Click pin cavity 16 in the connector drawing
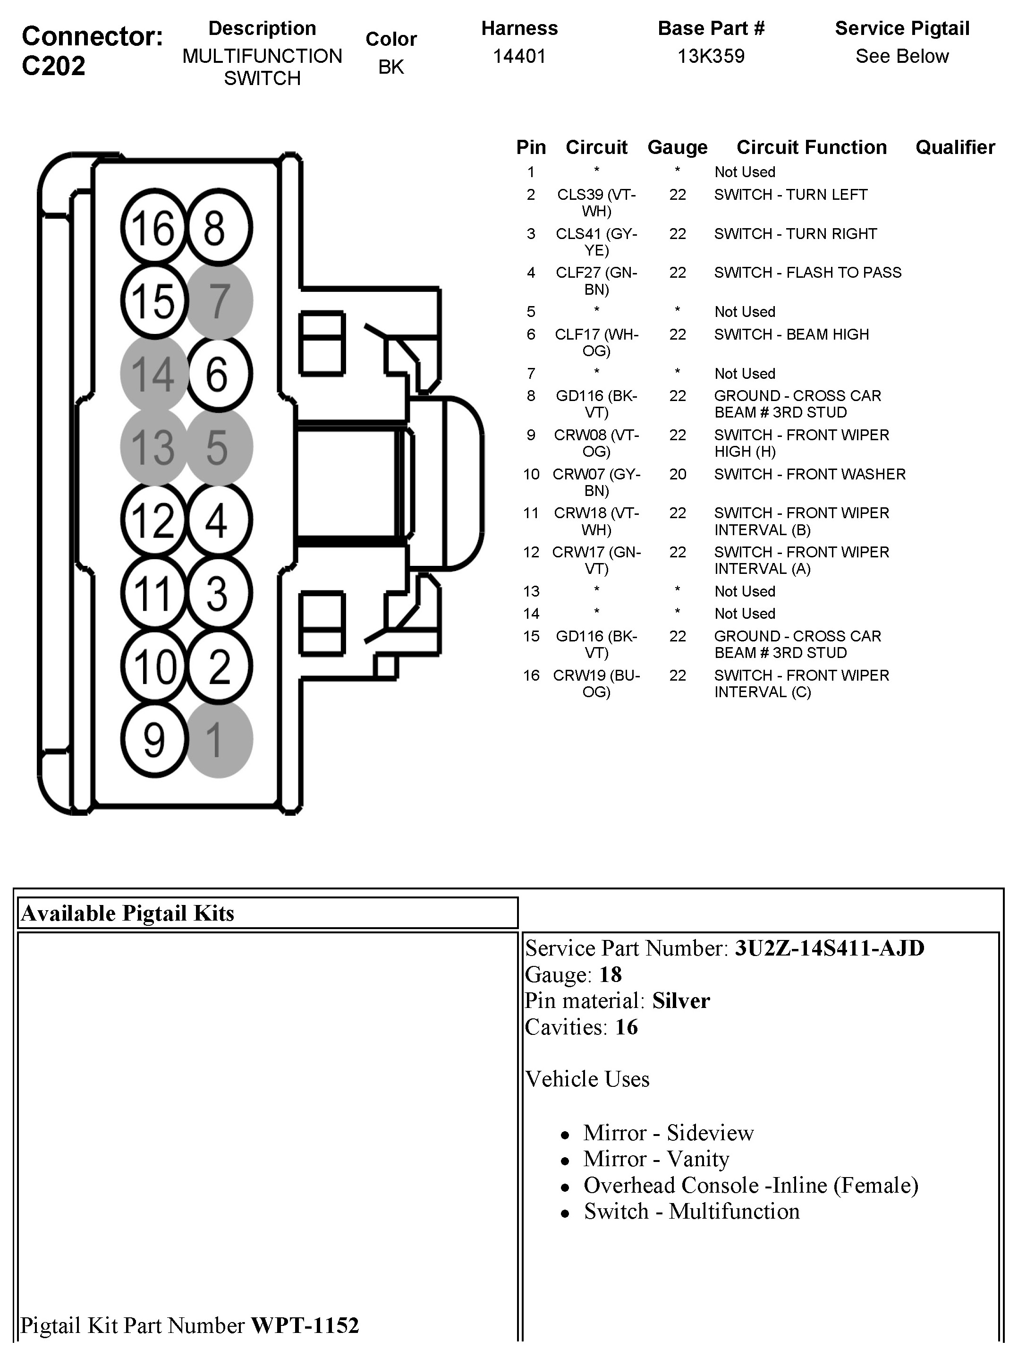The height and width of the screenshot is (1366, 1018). [x=153, y=228]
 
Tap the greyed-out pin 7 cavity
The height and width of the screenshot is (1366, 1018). [x=219, y=301]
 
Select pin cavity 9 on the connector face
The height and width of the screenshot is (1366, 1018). [x=153, y=739]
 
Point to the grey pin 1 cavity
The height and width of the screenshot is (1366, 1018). [x=219, y=739]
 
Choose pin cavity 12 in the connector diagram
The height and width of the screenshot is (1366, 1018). [x=153, y=520]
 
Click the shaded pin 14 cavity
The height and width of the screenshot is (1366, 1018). [x=153, y=374]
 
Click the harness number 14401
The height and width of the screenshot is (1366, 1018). [x=519, y=57]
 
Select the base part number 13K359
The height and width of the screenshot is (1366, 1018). [x=711, y=57]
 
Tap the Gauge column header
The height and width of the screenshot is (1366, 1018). [x=677, y=147]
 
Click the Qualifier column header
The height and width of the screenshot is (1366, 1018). [x=955, y=147]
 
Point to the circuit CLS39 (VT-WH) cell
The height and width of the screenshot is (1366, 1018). [x=596, y=203]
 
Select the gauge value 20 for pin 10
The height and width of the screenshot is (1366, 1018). [x=677, y=474]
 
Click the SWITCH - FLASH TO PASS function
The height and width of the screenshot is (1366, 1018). [x=807, y=273]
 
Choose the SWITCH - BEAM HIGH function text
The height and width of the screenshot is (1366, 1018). [x=791, y=334]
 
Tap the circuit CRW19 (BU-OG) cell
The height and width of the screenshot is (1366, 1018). [x=596, y=683]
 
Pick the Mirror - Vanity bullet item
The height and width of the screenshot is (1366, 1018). [x=656, y=1159]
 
